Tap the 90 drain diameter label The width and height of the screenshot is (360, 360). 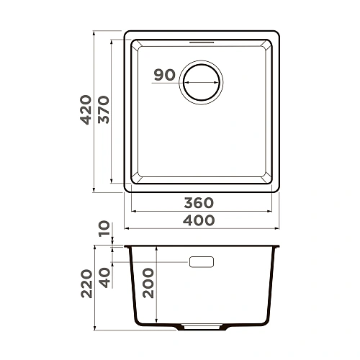pos(165,75)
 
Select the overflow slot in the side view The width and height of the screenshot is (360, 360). pos(202,262)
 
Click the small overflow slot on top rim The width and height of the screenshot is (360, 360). pos(202,42)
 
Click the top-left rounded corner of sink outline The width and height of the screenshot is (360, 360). pos(127,35)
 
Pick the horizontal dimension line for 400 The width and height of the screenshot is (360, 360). pos(201,229)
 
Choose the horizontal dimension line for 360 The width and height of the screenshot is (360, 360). pos(201,212)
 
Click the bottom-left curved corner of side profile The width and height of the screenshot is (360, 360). pos(136,320)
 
